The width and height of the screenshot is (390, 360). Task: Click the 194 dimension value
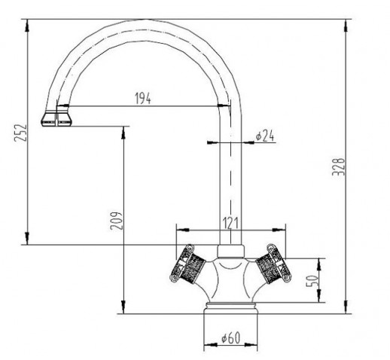pos(143,98)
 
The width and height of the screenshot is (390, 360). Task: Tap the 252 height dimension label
pos(20,133)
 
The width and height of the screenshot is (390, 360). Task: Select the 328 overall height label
pos(339,166)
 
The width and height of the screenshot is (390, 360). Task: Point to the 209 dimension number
pos(117,221)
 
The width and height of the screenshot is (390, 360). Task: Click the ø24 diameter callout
pos(265,136)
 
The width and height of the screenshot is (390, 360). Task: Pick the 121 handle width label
pos(230,223)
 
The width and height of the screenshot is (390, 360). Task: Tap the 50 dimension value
pos(312,281)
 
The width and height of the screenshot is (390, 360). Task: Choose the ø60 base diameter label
pos(231,337)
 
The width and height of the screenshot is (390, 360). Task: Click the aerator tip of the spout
pos(56,118)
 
